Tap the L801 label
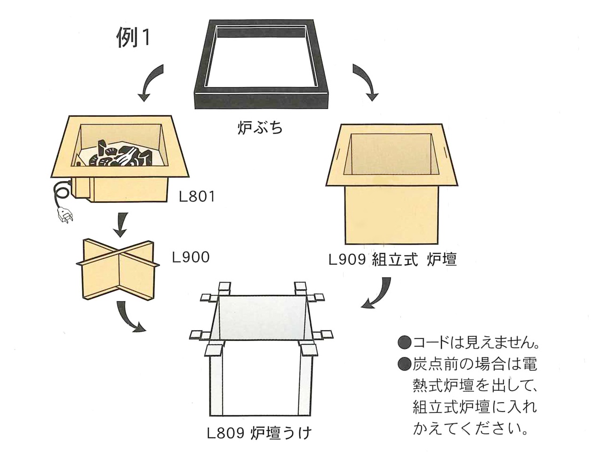[x=197, y=197]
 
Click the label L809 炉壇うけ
[x=259, y=432]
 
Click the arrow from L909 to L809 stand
[x=380, y=294]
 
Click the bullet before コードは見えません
[x=404, y=342]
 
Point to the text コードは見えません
[x=475, y=342]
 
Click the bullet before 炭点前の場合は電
[x=404, y=364]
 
